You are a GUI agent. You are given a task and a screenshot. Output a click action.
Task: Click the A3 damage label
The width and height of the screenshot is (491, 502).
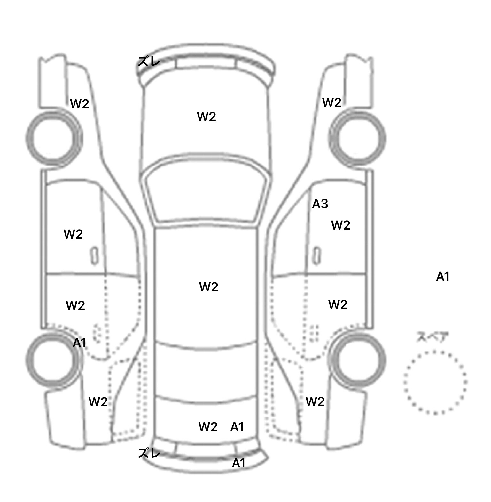point(320,204)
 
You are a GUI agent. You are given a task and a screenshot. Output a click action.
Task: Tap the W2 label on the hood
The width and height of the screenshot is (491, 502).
point(207,117)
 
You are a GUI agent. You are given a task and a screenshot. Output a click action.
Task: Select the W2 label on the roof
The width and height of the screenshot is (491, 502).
point(209,287)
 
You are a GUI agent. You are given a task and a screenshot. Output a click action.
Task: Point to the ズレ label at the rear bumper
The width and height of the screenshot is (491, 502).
point(149,453)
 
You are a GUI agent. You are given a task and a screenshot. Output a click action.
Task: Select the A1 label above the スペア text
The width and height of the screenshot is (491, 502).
point(443,276)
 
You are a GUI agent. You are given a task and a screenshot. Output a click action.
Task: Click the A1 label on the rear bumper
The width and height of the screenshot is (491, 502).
point(238,463)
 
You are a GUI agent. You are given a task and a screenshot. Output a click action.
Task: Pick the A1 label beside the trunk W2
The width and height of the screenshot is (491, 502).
point(237,427)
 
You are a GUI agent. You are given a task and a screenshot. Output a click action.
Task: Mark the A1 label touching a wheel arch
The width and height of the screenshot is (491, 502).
point(80,343)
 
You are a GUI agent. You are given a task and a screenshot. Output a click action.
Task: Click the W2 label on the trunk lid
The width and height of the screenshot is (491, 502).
point(208,427)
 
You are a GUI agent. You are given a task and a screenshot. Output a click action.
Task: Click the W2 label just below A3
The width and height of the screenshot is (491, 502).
point(341,225)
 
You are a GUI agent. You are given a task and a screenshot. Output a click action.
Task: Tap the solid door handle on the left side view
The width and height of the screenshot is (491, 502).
point(94,255)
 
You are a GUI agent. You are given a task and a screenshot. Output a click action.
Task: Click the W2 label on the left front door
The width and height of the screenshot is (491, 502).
point(73,234)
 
